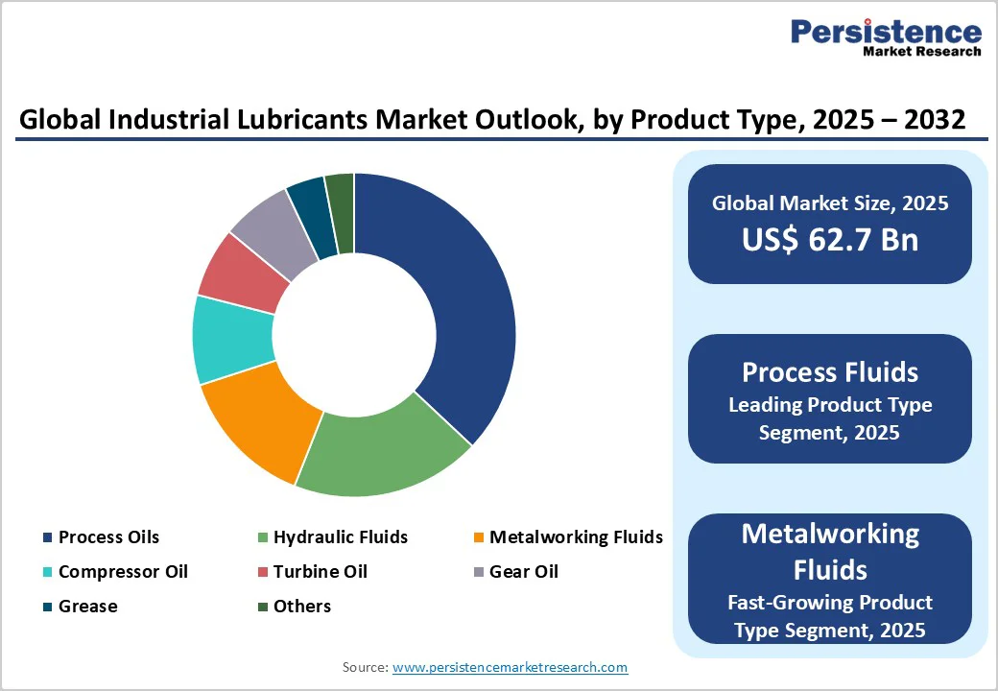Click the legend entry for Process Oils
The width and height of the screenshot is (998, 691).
point(108,536)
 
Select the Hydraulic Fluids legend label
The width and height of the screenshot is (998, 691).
point(340,536)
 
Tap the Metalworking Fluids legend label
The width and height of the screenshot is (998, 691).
point(576,536)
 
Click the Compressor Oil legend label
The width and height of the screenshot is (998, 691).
point(123,571)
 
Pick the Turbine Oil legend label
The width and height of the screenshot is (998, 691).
point(320,571)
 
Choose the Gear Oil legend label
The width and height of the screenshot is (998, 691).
point(523,571)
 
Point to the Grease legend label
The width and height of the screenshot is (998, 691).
point(87,606)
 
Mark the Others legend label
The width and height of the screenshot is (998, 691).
point(301,606)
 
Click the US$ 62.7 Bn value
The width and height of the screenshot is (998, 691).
point(829,239)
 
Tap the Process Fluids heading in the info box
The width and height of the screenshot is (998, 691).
point(829,372)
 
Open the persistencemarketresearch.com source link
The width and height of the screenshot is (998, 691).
point(510,667)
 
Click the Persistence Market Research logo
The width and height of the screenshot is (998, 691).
point(885,38)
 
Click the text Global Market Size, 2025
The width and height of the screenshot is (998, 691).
point(829,203)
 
